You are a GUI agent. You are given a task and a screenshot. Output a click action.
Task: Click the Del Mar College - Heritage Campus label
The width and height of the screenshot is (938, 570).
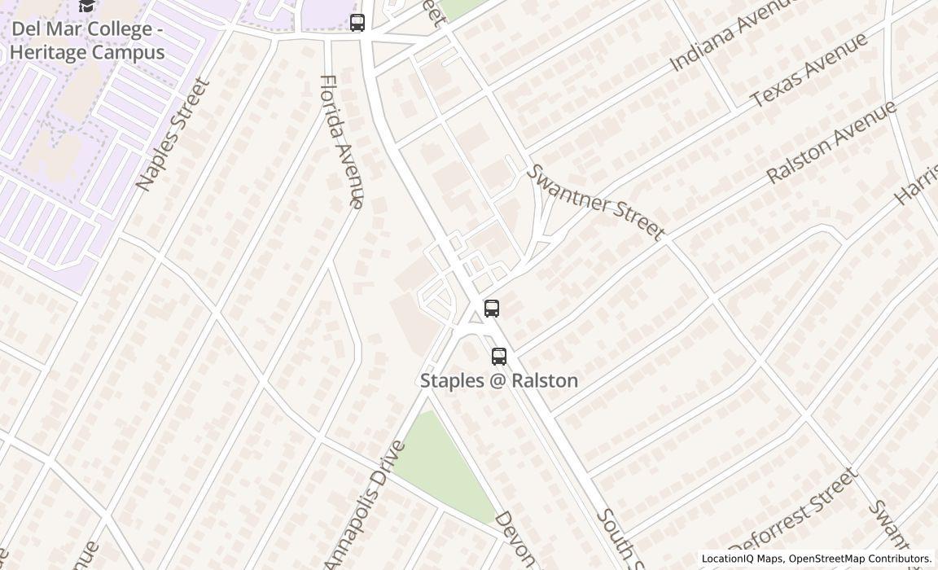click(x=88, y=41)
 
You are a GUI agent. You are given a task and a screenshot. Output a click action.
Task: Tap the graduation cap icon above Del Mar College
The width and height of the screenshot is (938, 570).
click(x=87, y=5)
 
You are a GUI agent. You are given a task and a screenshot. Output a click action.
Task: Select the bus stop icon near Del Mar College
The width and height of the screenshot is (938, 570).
click(x=357, y=23)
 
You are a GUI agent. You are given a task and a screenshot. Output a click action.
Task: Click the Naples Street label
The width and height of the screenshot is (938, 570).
click(x=173, y=135)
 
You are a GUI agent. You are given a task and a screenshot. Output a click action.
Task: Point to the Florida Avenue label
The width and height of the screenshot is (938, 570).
click(x=341, y=142)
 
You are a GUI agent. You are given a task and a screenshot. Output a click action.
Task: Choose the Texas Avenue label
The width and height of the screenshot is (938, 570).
click(x=809, y=70)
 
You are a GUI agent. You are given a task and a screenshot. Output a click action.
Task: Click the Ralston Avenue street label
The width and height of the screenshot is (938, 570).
click(x=831, y=142)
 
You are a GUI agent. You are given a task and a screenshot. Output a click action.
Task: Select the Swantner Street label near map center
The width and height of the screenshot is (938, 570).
click(x=594, y=201)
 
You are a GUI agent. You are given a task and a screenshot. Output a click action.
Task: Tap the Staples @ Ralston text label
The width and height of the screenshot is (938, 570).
click(x=499, y=380)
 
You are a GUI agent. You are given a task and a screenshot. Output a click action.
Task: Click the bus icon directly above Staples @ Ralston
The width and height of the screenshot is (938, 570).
click(x=499, y=357)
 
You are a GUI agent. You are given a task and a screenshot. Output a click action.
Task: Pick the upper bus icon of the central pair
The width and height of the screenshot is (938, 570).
click(x=491, y=309)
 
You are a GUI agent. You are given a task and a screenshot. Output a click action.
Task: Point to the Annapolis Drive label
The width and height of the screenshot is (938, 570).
click(x=366, y=505)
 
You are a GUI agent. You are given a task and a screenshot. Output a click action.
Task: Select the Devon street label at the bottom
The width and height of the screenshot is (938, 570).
click(x=515, y=538)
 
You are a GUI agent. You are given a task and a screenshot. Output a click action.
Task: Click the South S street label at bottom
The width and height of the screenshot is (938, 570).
click(x=620, y=538)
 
